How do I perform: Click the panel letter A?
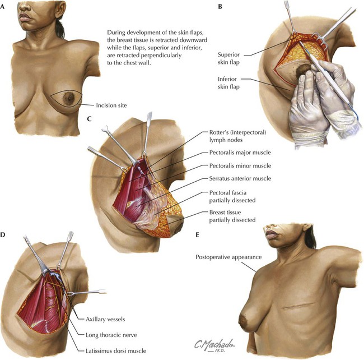[x=2, y=7]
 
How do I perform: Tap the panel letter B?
[x=220, y=7]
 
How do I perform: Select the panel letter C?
[x=90, y=119]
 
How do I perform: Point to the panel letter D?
[x=3, y=235]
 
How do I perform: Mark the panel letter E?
[x=197, y=235]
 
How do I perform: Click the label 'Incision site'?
[x=111, y=105]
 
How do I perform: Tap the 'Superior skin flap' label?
[x=228, y=58]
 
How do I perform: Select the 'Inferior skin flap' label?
[x=228, y=83]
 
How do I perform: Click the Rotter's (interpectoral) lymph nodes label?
[x=237, y=136]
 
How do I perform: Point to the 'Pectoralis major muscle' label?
[x=240, y=153]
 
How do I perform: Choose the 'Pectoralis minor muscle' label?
[x=240, y=166]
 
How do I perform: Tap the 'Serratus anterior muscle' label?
[x=240, y=178]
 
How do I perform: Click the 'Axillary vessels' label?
[x=105, y=319]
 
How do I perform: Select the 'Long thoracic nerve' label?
[x=111, y=335]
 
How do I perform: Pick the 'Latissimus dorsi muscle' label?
[x=116, y=350]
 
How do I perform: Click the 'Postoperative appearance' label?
[x=228, y=257]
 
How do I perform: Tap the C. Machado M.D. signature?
[x=214, y=345]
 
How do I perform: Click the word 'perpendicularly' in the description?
[x=164, y=56]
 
